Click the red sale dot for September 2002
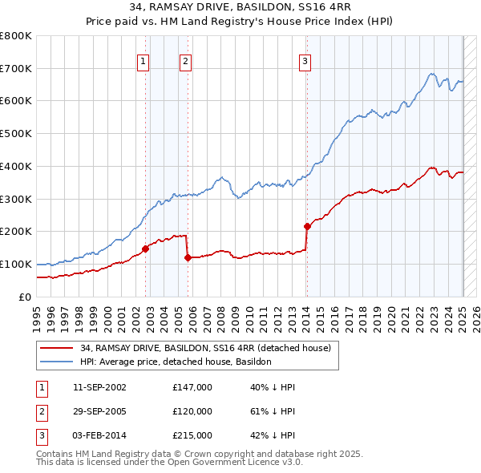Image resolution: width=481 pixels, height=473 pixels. pos(145,249)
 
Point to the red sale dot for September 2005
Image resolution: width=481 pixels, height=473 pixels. pos(188,257)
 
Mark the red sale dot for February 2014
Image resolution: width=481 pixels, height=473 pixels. pos(307,226)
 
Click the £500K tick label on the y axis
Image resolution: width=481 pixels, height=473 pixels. pos(16,134)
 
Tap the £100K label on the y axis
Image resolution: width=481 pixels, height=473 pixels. pos(16,264)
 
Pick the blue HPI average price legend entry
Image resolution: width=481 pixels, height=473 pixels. pos(176,362)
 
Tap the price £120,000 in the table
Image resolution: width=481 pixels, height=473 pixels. pos(192,411)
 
